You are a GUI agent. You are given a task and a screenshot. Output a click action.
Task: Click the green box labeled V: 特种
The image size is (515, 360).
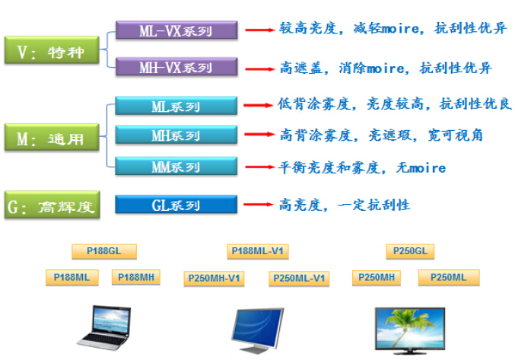click(52, 49)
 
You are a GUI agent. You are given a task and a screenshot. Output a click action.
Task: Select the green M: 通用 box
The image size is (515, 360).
click(52, 137)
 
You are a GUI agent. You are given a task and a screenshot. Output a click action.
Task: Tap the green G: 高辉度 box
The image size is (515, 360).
click(52, 205)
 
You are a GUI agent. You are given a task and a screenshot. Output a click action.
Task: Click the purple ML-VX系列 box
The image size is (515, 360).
click(176, 30)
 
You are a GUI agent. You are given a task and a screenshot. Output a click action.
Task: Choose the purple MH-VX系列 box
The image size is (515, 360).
click(176, 67)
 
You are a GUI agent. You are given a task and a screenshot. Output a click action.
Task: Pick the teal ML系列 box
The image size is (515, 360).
click(176, 106)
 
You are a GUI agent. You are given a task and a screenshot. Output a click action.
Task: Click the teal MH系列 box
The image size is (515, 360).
click(176, 135)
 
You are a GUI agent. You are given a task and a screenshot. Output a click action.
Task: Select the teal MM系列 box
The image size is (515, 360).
click(176, 166)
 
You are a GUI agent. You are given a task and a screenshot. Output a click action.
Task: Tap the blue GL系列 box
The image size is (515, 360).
click(176, 204)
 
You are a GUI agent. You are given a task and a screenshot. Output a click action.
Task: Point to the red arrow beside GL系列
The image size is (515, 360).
click(259, 204)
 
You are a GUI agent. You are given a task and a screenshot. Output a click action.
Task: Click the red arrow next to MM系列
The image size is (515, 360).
click(260, 167)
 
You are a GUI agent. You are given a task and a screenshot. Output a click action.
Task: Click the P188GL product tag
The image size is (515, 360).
click(104, 251)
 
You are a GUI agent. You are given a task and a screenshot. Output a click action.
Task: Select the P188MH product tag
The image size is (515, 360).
click(136, 277)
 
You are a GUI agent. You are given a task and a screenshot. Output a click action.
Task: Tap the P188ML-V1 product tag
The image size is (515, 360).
click(258, 251)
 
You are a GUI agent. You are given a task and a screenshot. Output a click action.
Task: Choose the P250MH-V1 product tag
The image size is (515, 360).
click(214, 279)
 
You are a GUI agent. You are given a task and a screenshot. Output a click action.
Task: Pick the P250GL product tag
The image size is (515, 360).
click(410, 251)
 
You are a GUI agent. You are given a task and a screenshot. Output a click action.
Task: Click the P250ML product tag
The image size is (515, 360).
click(449, 278)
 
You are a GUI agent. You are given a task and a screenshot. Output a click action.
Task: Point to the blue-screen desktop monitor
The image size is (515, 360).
click(256, 330)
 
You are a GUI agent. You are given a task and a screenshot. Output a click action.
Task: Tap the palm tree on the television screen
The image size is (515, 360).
click(406, 323)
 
